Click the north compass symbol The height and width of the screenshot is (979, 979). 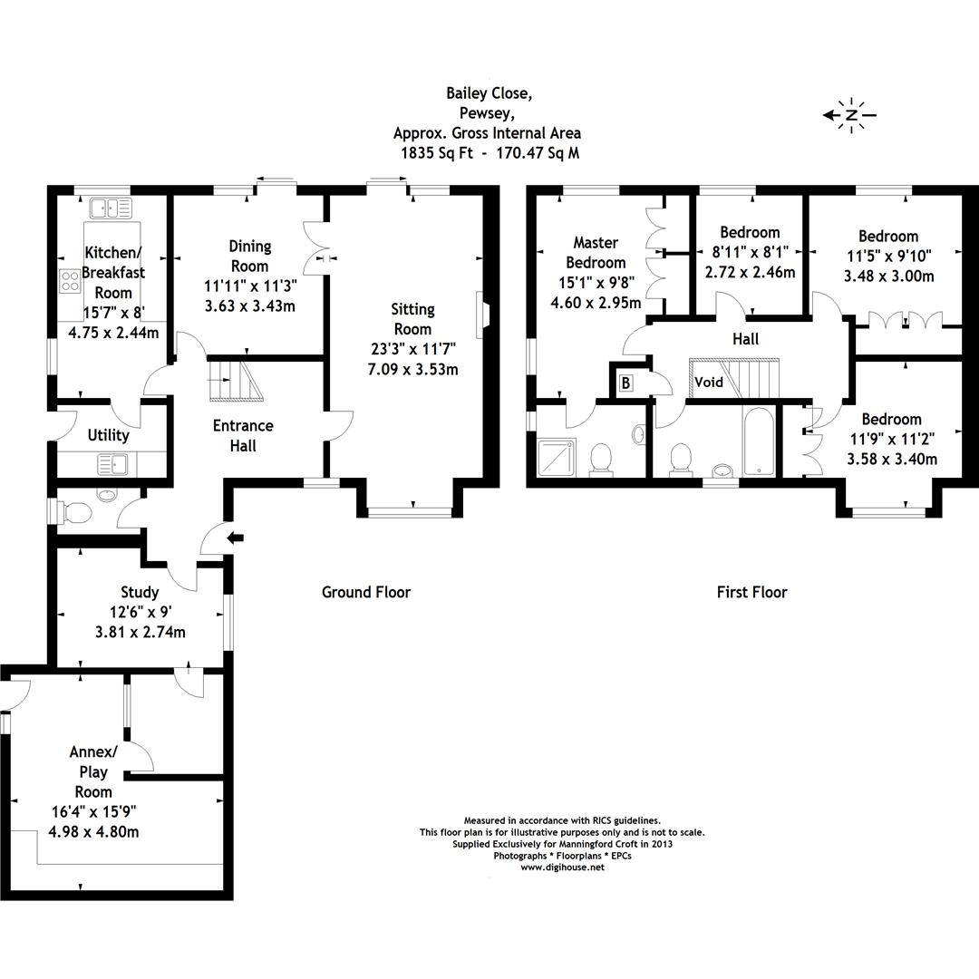pos(851,115)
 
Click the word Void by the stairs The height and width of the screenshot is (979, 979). pos(709,383)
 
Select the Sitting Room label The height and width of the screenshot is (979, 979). pos(412,319)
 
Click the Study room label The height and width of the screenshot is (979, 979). pos(140,592)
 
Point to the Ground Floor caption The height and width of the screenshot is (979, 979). pos(366,593)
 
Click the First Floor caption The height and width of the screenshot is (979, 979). pos(751,593)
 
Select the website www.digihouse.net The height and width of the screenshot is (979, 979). pos(562,868)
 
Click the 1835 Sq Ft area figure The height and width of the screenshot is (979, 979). pos(438,153)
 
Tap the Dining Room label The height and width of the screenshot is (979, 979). pos(249,256)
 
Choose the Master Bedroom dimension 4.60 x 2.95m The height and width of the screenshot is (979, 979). pos(596,304)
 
